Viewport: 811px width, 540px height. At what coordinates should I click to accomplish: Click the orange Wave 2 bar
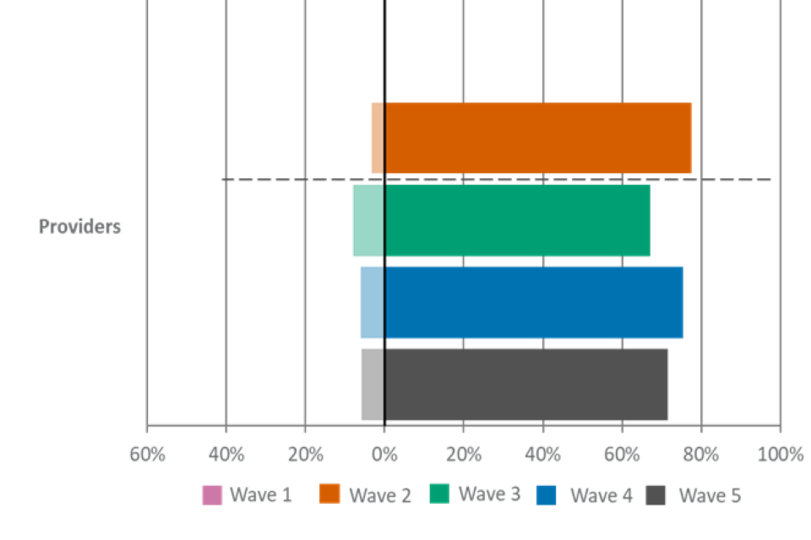pyautogui.click(x=537, y=138)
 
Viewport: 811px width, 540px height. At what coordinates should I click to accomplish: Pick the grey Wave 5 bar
pyautogui.click(x=515, y=384)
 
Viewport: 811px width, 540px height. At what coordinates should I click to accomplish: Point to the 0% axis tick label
pyautogui.click(x=384, y=454)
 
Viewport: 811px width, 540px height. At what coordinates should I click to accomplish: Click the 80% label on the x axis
pyautogui.click(x=701, y=454)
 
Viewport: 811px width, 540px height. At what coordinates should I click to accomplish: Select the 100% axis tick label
pyautogui.click(x=781, y=454)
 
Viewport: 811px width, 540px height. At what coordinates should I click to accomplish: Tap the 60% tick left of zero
pyautogui.click(x=147, y=454)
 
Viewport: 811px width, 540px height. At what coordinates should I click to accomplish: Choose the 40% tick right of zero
pyautogui.click(x=542, y=454)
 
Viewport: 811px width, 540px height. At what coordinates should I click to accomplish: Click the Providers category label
pyautogui.click(x=79, y=227)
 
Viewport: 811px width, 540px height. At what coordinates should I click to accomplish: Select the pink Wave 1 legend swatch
pyautogui.click(x=212, y=495)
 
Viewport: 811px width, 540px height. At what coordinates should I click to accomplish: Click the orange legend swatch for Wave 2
pyautogui.click(x=329, y=494)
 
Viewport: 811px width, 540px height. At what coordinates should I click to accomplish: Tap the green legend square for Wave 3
pyautogui.click(x=440, y=494)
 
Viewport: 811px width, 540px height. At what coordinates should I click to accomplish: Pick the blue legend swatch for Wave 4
pyautogui.click(x=547, y=495)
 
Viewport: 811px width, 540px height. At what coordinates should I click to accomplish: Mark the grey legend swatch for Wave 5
pyautogui.click(x=656, y=495)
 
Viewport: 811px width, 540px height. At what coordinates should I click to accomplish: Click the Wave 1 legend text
pyautogui.click(x=261, y=495)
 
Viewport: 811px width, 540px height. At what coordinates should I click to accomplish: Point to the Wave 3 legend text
pyautogui.click(x=490, y=494)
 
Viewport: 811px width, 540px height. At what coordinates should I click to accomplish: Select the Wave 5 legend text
pyautogui.click(x=710, y=495)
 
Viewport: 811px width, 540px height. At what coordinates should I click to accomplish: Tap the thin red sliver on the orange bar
pyautogui.click(x=371, y=138)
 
